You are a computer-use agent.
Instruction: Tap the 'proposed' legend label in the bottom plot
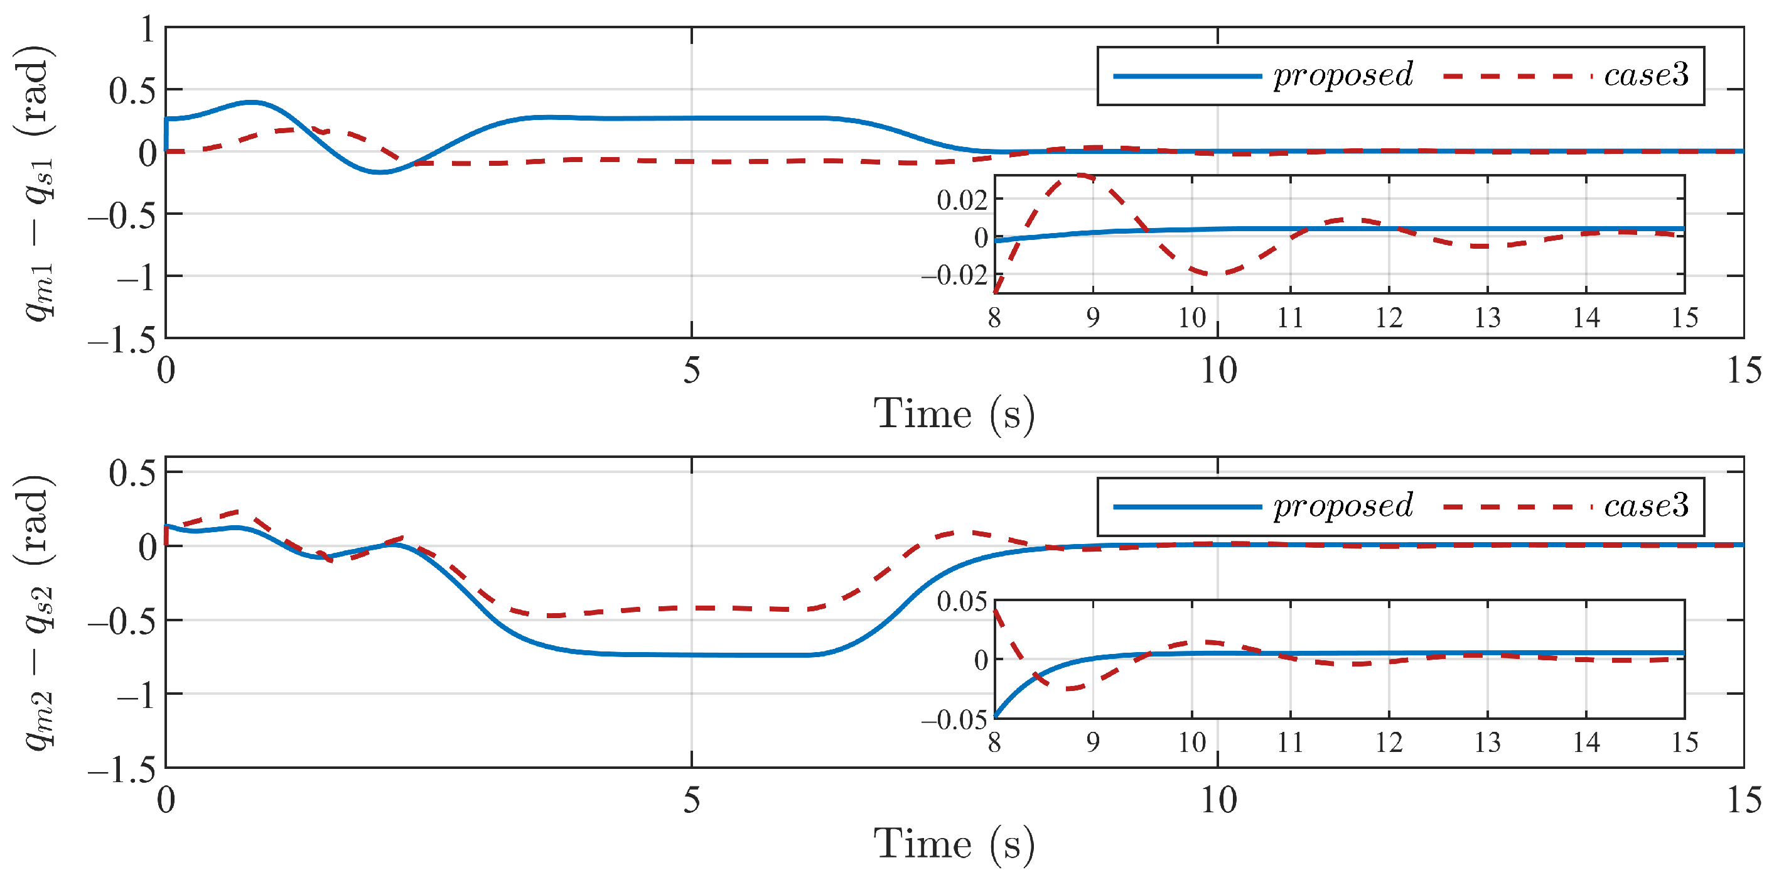tap(1343, 506)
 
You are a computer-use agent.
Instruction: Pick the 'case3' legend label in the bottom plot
tap(1646, 506)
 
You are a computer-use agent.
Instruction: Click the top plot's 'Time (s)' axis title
tap(954, 415)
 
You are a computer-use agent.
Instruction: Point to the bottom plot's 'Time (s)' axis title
tap(954, 845)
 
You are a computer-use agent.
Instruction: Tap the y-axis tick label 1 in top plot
tap(147, 30)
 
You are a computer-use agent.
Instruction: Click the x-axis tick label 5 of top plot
tap(691, 371)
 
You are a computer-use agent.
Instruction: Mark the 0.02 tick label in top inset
tap(962, 200)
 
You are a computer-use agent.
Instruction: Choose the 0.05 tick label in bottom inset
tap(962, 602)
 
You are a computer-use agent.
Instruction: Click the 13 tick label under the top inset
tap(1488, 318)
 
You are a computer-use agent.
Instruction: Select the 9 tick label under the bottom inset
tap(1093, 743)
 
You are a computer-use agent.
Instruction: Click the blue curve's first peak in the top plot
tap(252, 102)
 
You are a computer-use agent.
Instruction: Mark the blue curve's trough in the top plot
tap(379, 171)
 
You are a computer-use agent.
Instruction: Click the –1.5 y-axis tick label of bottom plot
tap(122, 770)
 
